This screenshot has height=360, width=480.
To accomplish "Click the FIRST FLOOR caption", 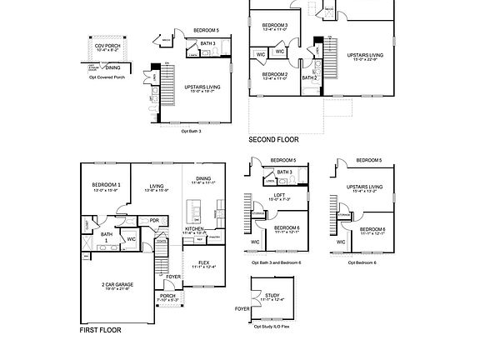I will point(100,330).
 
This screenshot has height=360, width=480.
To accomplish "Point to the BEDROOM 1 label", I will point(107,184).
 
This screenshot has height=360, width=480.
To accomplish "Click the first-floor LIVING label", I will point(157,187).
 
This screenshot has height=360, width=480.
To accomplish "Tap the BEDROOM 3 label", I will point(274,25).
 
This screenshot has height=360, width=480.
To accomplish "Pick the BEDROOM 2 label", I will point(274,74).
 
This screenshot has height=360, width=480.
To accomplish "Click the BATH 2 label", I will point(308,77).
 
